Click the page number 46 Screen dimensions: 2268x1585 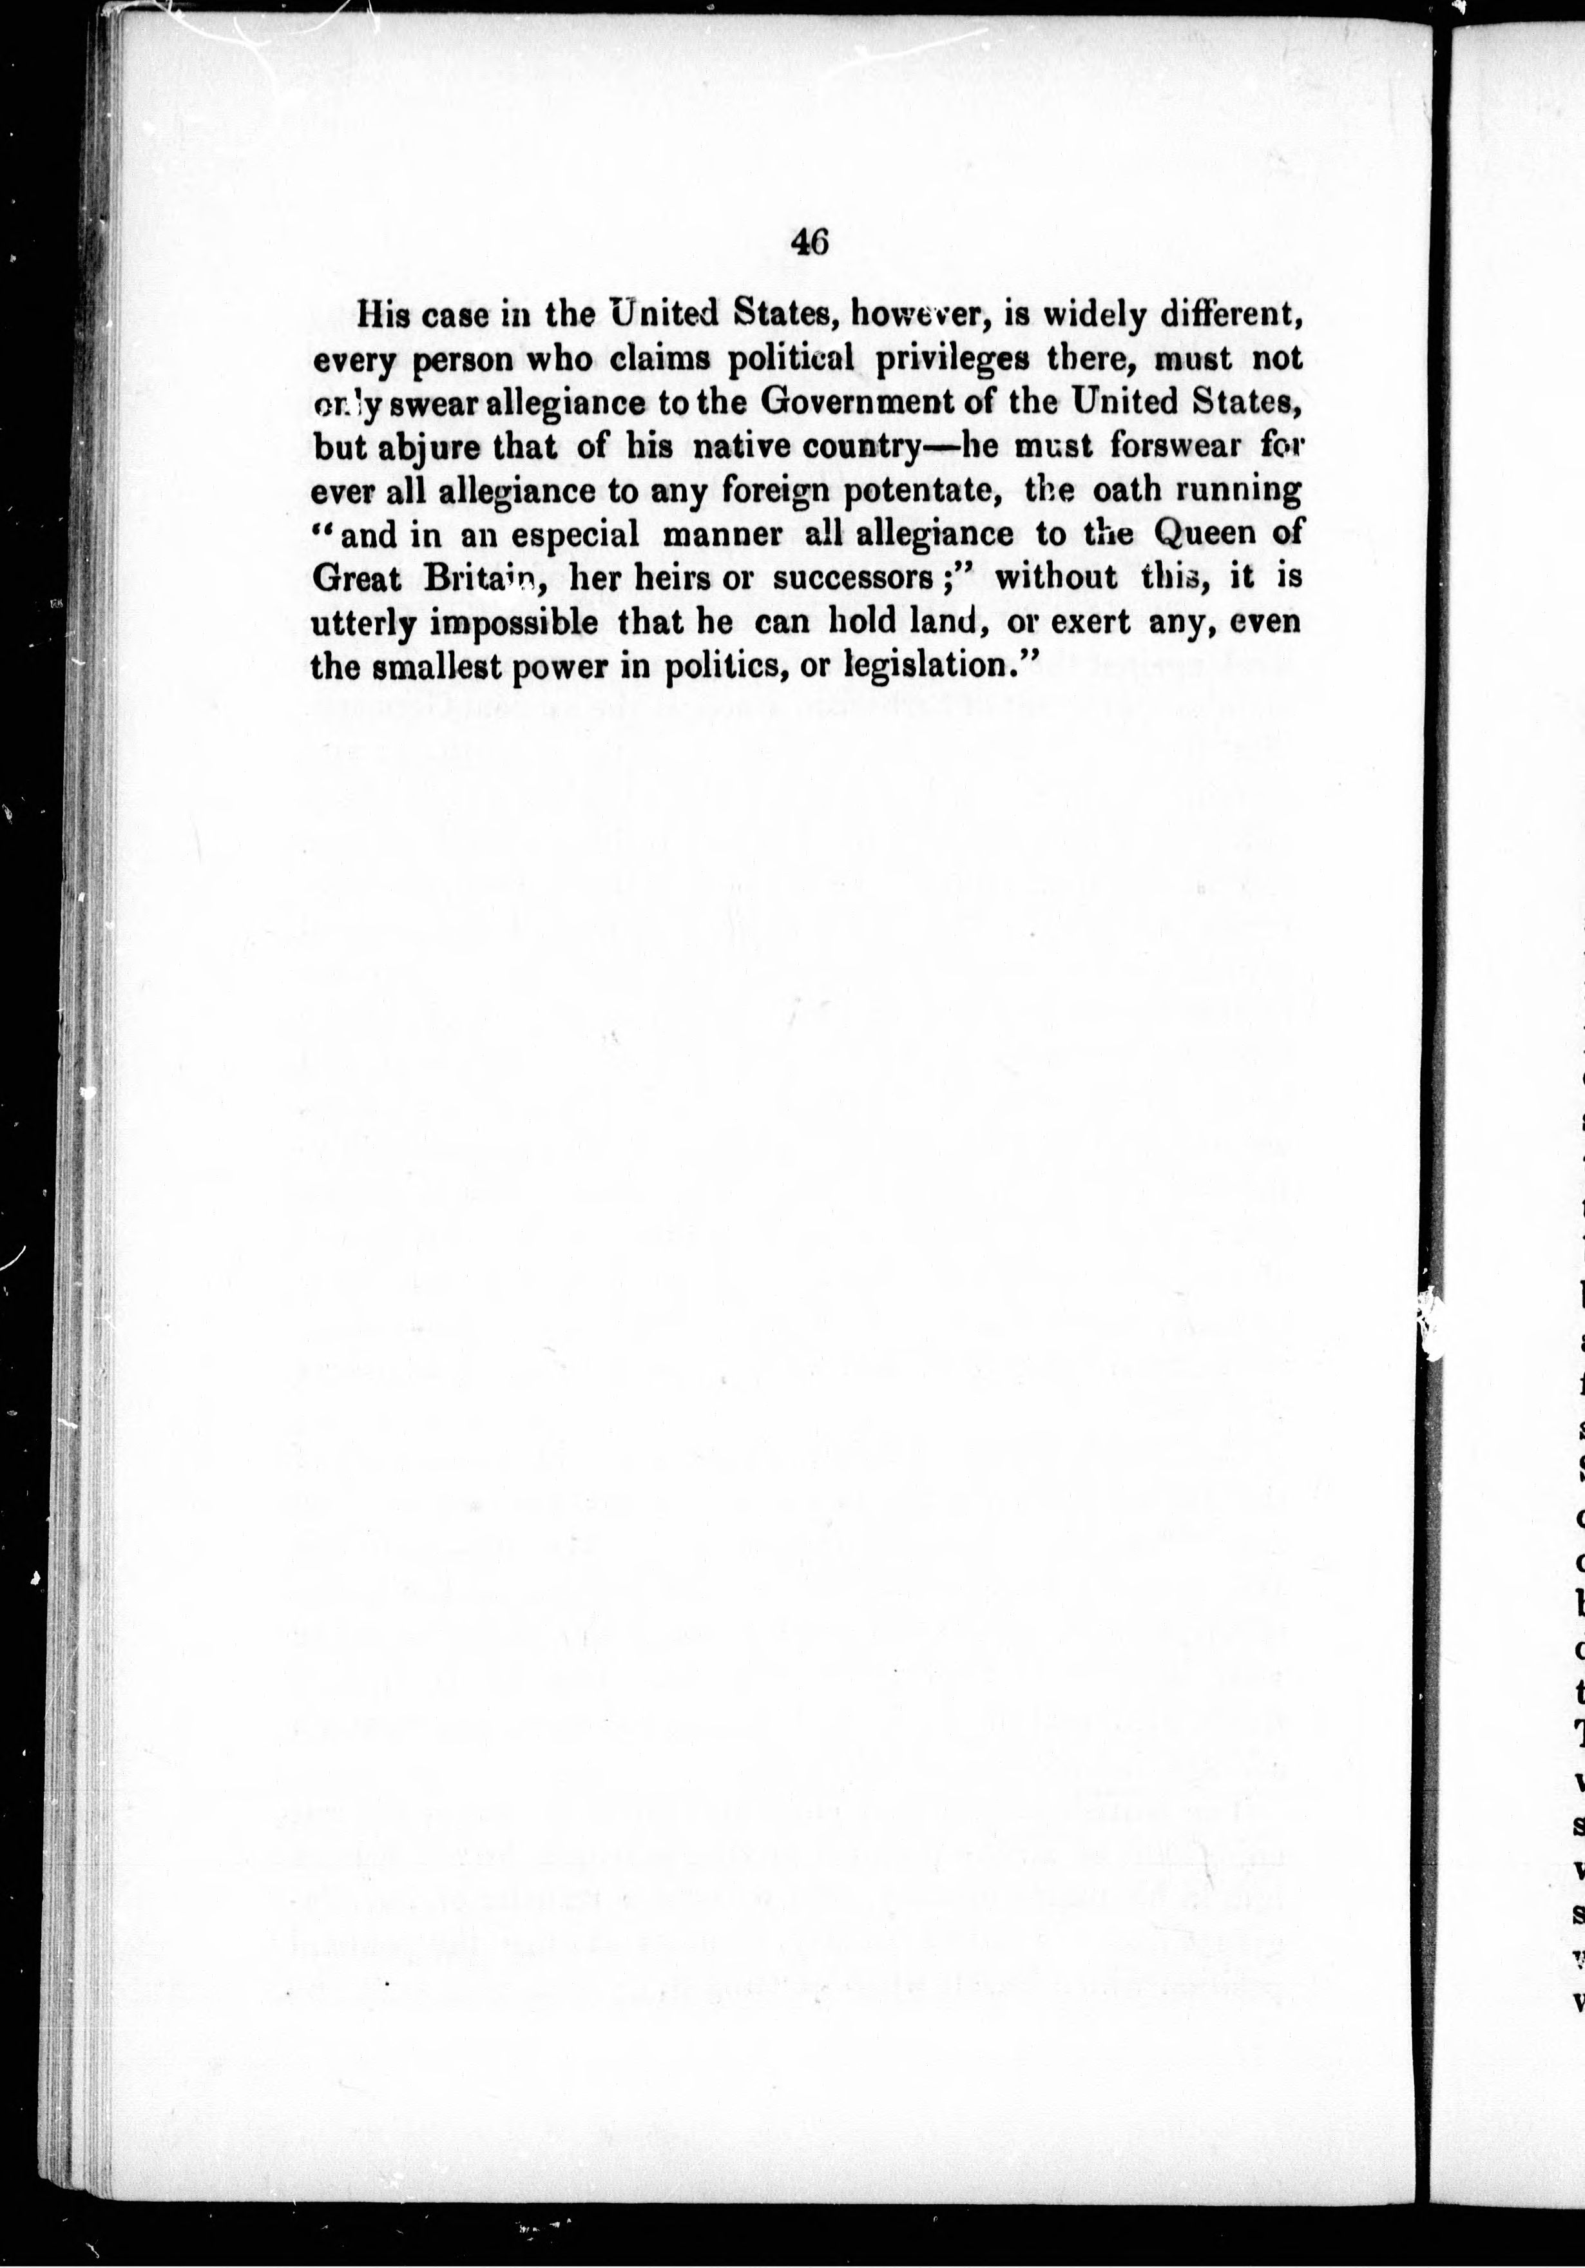tap(809, 243)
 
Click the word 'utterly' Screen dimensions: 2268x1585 tap(360, 623)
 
